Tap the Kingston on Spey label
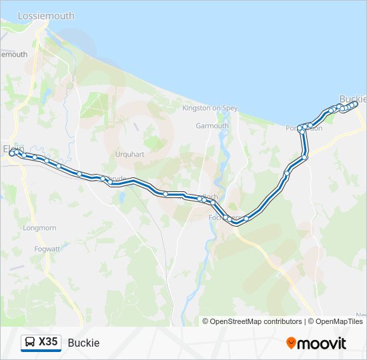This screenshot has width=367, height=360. click(211, 107)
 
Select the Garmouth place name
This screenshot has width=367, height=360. click(212, 125)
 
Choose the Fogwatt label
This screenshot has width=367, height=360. click(47, 249)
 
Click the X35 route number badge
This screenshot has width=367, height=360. click(48, 342)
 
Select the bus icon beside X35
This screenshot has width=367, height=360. click(30, 343)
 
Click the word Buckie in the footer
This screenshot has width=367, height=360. click(83, 343)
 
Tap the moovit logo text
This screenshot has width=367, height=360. click(322, 343)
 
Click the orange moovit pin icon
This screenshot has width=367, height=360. click(291, 343)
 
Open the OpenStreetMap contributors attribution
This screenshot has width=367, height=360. click(256, 321)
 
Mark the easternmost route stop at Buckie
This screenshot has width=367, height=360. click(355, 103)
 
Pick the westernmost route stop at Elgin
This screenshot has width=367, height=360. click(11, 154)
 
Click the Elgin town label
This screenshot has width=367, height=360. click(13, 148)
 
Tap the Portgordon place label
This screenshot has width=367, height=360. click(304, 128)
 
